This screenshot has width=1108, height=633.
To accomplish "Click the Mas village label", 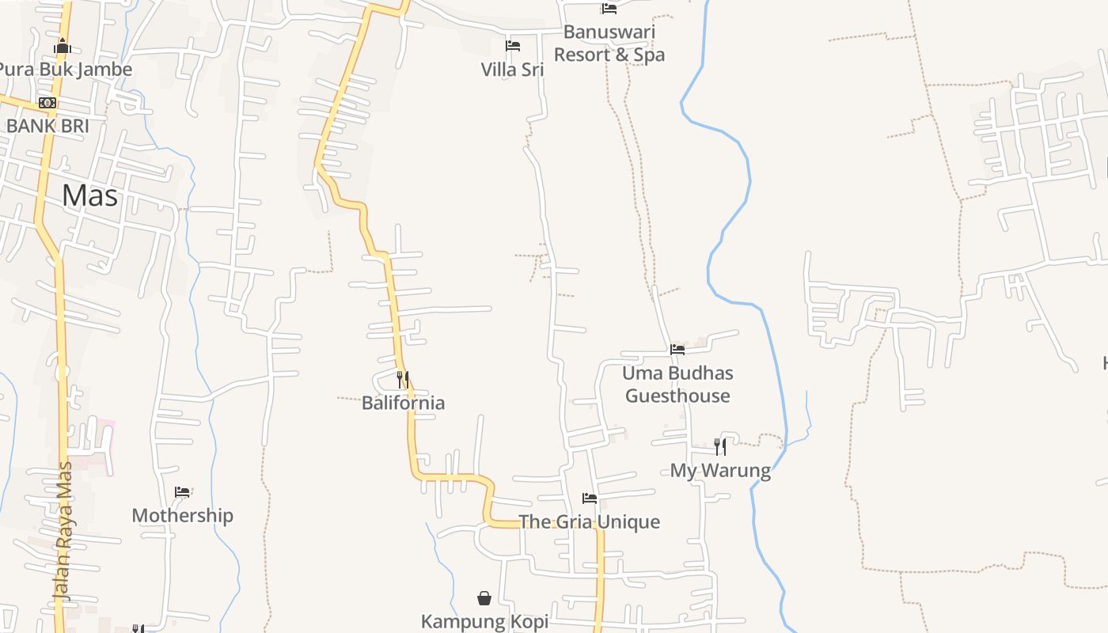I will (90, 195).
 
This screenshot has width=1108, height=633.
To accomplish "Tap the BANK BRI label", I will (47, 126).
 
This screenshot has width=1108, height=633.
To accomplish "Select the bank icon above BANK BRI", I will (47, 103).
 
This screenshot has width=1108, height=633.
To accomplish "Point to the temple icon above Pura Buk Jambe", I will (63, 47).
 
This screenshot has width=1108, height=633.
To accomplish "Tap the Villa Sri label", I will (513, 70).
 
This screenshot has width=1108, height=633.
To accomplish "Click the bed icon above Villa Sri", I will (513, 46).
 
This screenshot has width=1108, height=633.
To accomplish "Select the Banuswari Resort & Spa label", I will (609, 44).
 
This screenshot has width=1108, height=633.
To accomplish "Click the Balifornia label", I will (403, 403).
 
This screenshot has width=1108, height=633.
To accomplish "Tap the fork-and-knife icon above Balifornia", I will (403, 380).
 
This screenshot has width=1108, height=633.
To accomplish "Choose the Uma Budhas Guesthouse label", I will (677, 385).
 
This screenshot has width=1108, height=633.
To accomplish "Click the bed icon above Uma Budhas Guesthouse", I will (677, 349).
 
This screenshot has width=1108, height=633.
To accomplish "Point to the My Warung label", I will (720, 471).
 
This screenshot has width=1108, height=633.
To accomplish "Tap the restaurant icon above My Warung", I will (720, 447).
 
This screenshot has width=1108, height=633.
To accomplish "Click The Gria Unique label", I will (589, 522).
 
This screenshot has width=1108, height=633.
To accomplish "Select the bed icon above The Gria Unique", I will (590, 498).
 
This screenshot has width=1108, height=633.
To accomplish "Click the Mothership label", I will (182, 516).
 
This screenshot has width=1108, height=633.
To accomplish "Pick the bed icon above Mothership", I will (182, 492).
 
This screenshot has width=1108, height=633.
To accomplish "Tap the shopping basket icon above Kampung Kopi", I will (484, 598).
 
